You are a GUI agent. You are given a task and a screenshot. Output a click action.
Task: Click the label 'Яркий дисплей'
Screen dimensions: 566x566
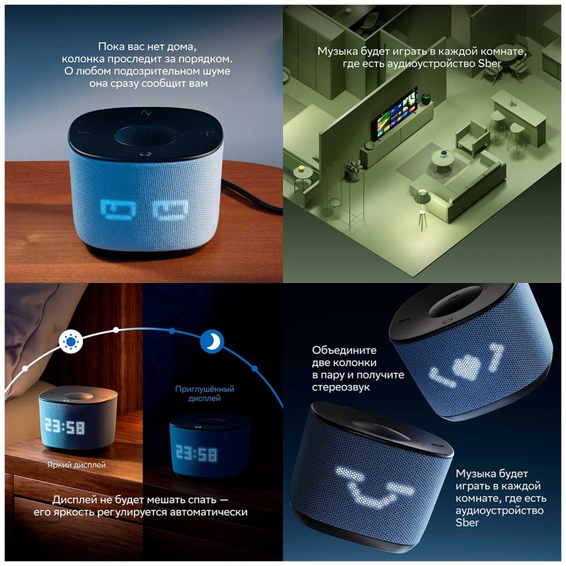[x=76, y=465]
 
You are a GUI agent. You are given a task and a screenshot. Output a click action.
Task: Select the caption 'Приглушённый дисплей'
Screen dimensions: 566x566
[x=205, y=393]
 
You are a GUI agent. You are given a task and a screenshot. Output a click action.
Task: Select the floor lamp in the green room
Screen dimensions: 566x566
[x=422, y=206]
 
